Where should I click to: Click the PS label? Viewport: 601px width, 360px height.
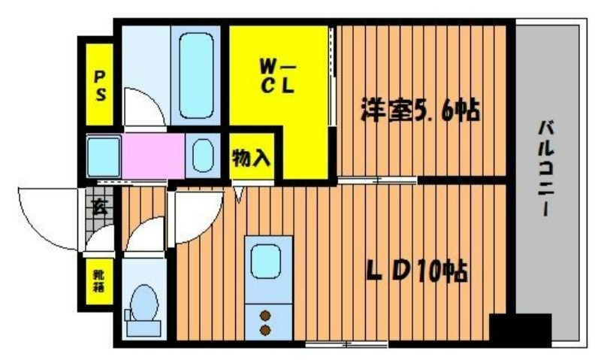pos(100,86)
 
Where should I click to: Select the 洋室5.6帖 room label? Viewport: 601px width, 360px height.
pos(420,110)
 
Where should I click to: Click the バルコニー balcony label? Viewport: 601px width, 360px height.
pos(545,168)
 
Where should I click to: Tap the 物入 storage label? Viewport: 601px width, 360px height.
pos(252,157)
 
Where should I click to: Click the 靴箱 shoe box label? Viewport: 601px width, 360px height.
pos(99,281)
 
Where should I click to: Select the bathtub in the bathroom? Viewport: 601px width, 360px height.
pos(196,75)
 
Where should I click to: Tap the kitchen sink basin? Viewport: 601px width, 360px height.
pos(266,261)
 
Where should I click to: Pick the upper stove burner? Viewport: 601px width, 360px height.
pos(265,316)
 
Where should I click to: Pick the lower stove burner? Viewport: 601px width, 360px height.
pos(265,330)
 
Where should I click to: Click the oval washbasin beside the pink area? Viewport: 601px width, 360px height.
pos(203,156)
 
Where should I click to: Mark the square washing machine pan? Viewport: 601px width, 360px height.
pos(104,156)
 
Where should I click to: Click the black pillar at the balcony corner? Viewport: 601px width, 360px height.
pos(521,329)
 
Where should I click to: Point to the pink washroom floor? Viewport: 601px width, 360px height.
pos(153,156)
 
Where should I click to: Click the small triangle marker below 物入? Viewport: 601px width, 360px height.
pos(239,194)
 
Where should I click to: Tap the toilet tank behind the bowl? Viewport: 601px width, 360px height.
pos(143,328)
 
